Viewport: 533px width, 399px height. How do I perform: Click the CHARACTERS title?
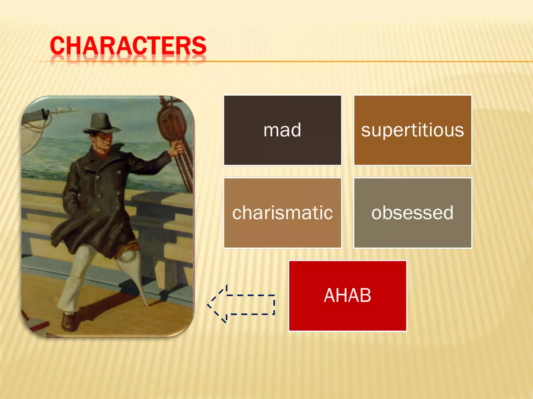tap(128, 45)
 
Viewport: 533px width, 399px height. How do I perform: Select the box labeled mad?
tap(282, 130)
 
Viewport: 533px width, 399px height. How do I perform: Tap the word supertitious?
tap(413, 130)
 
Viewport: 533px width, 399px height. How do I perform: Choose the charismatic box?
tap(282, 213)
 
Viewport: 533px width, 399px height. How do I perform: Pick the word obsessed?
tap(413, 213)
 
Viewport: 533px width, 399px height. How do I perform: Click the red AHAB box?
tap(347, 296)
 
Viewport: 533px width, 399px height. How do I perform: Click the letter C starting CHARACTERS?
tap(57, 45)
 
